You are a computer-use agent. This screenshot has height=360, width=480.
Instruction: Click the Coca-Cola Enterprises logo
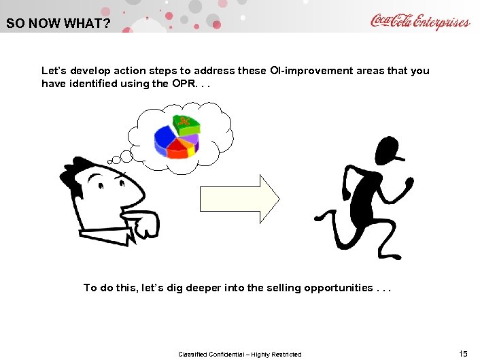[419, 21]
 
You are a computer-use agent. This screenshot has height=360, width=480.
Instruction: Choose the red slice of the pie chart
[178, 149]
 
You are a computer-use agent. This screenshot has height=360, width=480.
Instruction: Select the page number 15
[464, 353]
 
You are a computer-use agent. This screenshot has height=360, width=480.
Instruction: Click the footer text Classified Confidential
[239, 354]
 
